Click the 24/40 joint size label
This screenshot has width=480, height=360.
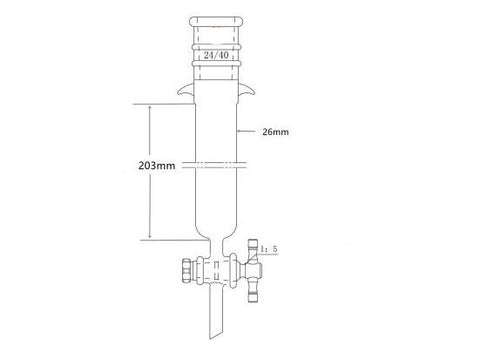(213, 57)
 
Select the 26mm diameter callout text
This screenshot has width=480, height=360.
(274, 130)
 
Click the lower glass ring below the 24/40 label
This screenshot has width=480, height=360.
(213, 68)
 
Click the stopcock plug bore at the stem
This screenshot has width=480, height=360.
(213, 271)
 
